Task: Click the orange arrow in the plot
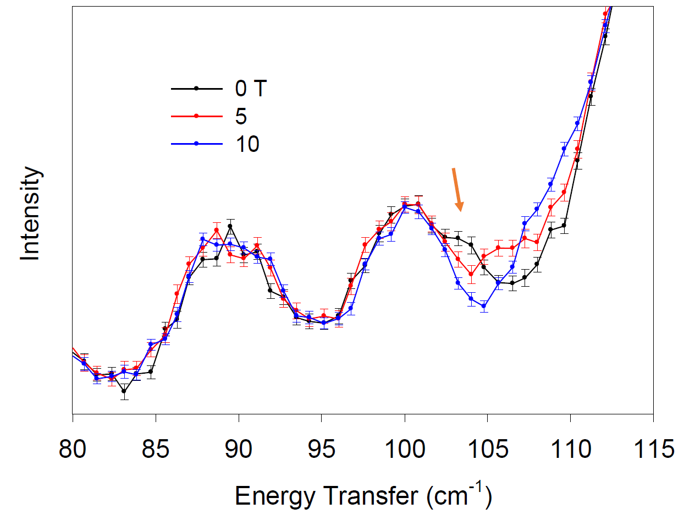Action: pyautogui.click(x=457, y=190)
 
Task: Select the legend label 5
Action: pyautogui.click(x=241, y=116)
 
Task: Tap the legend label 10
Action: pyautogui.click(x=247, y=144)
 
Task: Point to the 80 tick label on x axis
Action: pyautogui.click(x=73, y=449)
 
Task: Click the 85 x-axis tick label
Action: pyautogui.click(x=156, y=449)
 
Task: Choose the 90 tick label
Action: pyautogui.click(x=239, y=449)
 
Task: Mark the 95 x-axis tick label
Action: pyautogui.click(x=322, y=449)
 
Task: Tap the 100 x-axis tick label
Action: pyautogui.click(x=405, y=449)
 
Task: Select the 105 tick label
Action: pyautogui.click(x=488, y=449)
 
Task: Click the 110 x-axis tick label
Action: pyautogui.click(x=570, y=449)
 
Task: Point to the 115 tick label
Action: pyautogui.click(x=652, y=449)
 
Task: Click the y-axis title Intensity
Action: pyautogui.click(x=31, y=214)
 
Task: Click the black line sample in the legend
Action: pyautogui.click(x=196, y=88)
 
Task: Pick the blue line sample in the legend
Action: pyautogui.click(x=196, y=144)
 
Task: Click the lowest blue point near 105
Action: pyautogui.click(x=484, y=306)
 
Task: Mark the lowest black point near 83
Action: pyautogui.click(x=124, y=392)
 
